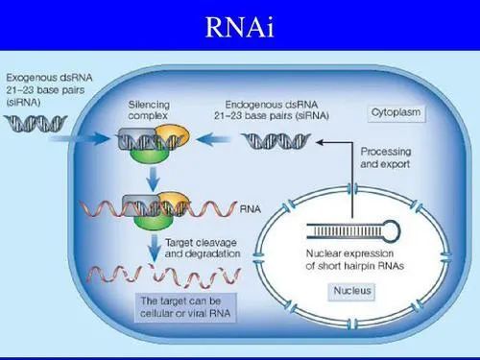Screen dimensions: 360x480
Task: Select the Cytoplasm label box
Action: [x=397, y=112]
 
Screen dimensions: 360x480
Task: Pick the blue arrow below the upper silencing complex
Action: [x=151, y=176]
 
